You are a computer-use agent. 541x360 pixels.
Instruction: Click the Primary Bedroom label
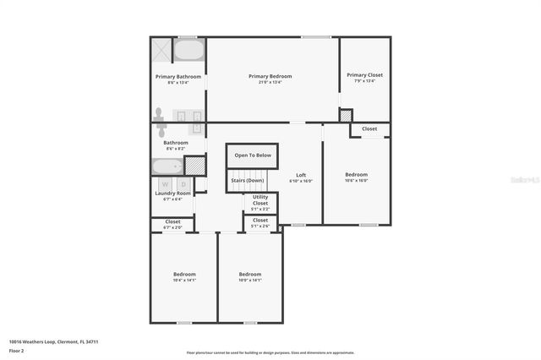click(x=270, y=76)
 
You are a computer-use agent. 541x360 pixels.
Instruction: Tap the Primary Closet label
click(x=364, y=74)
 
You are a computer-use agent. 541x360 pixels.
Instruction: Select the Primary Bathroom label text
click(x=178, y=76)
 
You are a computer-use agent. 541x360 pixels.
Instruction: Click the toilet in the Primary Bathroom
click(x=158, y=113)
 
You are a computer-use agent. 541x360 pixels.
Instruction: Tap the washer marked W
click(x=165, y=184)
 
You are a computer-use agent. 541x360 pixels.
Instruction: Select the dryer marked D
click(x=182, y=184)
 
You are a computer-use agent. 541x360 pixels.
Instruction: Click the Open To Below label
click(x=253, y=155)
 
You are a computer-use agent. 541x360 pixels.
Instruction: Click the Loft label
click(x=300, y=175)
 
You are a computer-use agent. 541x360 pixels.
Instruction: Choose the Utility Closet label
click(x=260, y=200)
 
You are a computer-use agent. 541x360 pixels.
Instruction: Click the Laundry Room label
click(x=172, y=194)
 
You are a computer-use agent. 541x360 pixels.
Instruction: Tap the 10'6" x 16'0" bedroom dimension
click(x=356, y=181)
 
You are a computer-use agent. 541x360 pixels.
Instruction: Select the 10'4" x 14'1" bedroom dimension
click(x=184, y=281)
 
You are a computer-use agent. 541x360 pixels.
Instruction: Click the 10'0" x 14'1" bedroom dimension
click(x=249, y=281)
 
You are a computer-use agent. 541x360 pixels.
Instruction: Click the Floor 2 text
click(x=17, y=350)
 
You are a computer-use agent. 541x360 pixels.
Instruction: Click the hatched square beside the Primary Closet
click(x=345, y=115)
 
